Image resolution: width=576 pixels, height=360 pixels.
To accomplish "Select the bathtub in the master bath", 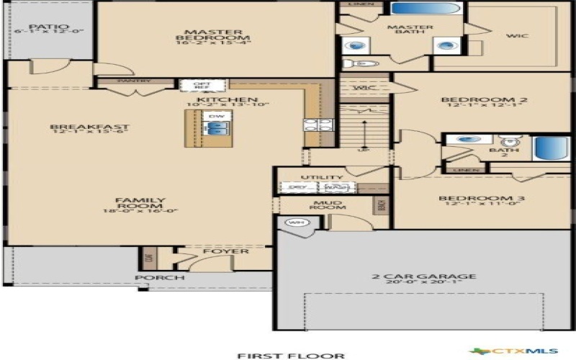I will (426, 9).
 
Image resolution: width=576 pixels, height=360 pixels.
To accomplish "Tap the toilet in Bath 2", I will (510, 140).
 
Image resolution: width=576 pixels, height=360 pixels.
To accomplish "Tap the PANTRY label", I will (134, 81).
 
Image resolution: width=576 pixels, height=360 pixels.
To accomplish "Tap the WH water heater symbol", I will (294, 223).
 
